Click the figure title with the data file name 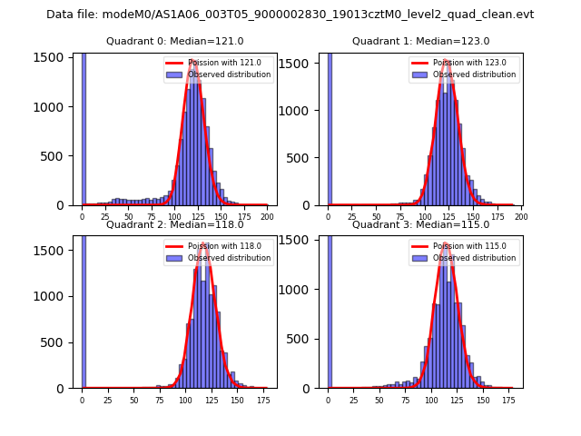coord(290,15)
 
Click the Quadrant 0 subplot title coord(174,41)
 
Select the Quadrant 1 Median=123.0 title coord(420,41)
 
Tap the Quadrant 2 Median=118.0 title coord(174,224)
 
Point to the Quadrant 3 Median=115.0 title coord(420,224)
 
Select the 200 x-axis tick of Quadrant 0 coord(267,217)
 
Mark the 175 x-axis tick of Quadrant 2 coord(263,400)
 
